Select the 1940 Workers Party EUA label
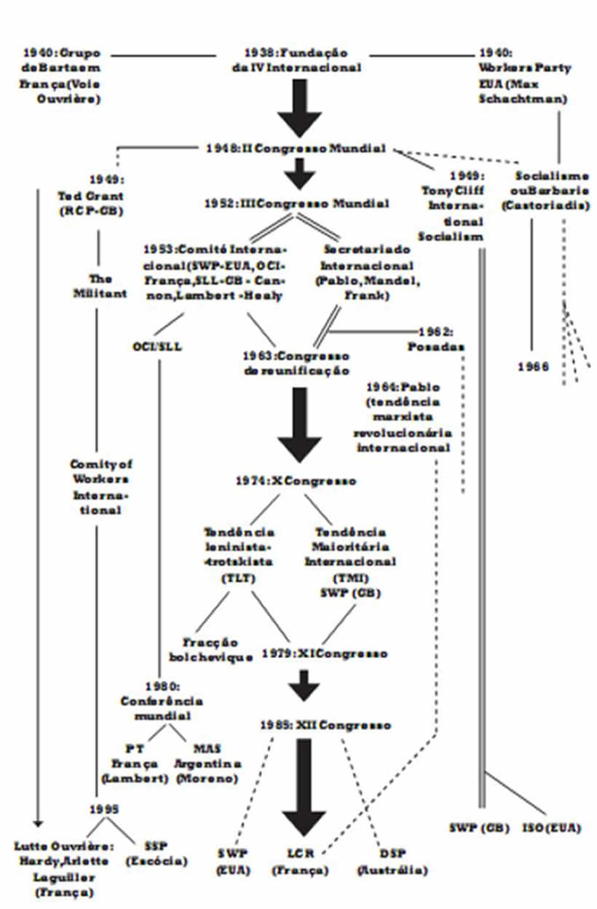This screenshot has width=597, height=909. pyautogui.click(x=522, y=75)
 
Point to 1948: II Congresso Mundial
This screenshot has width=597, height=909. pyautogui.click(x=295, y=148)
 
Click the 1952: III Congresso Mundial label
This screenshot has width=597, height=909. pyautogui.click(x=296, y=204)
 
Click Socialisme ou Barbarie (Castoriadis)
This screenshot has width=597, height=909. pyautogui.click(x=551, y=191)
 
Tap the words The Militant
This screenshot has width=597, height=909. pyautogui.click(x=100, y=285)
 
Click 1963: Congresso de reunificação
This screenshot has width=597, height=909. pyautogui.click(x=296, y=363)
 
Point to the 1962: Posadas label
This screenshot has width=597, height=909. pyautogui.click(x=435, y=339)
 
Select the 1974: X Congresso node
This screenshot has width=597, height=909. pyautogui.click(x=296, y=481)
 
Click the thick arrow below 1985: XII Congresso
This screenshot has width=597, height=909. pyautogui.click(x=304, y=786)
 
